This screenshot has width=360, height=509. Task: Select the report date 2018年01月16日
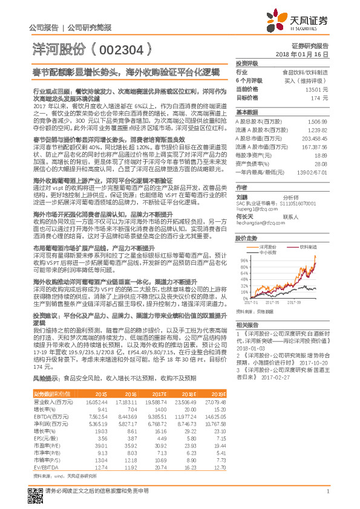(309, 54)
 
